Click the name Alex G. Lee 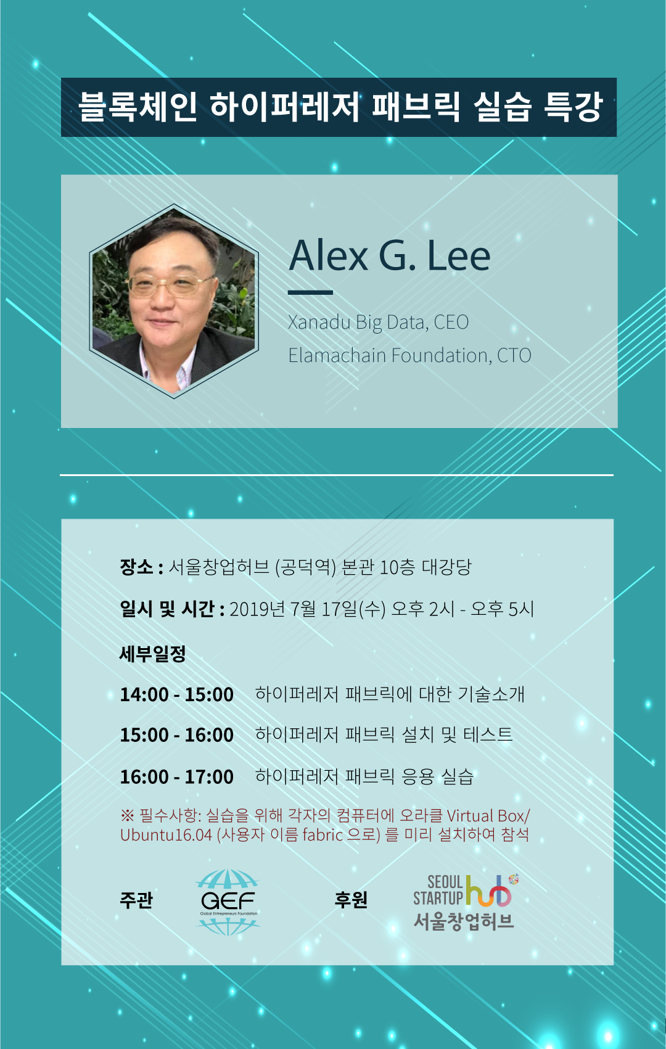[390, 255]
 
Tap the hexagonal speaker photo [174, 301]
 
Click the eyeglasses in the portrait [171, 285]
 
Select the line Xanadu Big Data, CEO [378, 322]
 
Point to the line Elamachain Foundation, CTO [410, 355]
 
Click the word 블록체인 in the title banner [138, 107]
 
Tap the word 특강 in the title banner [573, 107]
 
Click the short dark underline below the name [310, 292]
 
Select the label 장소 [136, 567]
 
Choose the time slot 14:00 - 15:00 [176, 694]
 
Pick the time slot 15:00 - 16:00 [176, 735]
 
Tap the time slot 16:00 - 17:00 [176, 777]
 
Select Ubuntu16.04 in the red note [166, 834]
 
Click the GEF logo [228, 902]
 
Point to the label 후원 [351, 900]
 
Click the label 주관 [136, 900]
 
